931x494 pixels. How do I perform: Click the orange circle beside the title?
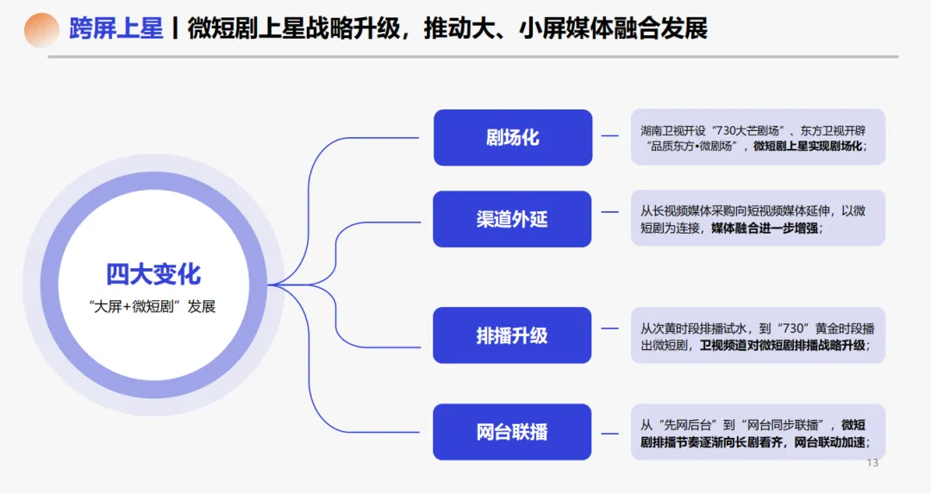tap(41, 30)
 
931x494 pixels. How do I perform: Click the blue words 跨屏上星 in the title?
tap(116, 29)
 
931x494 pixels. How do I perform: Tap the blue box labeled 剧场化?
tap(512, 137)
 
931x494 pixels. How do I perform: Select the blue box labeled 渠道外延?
tap(512, 219)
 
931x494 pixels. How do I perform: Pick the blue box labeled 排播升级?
tap(512, 335)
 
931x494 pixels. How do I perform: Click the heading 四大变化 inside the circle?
tap(153, 274)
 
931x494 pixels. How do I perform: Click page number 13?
tap(872, 464)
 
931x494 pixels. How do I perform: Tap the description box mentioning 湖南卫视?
tap(758, 137)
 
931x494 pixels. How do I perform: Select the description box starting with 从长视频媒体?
tap(758, 219)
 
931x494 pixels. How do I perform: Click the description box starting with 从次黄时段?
tap(758, 336)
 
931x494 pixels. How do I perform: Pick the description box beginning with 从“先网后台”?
tap(758, 433)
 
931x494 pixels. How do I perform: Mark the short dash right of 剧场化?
tap(610, 136)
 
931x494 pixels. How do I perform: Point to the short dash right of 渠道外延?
tap(610, 211)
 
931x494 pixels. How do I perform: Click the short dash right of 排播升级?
tap(610, 328)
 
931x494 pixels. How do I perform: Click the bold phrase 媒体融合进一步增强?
tap(766, 228)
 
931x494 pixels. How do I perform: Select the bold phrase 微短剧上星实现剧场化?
tap(806, 147)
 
